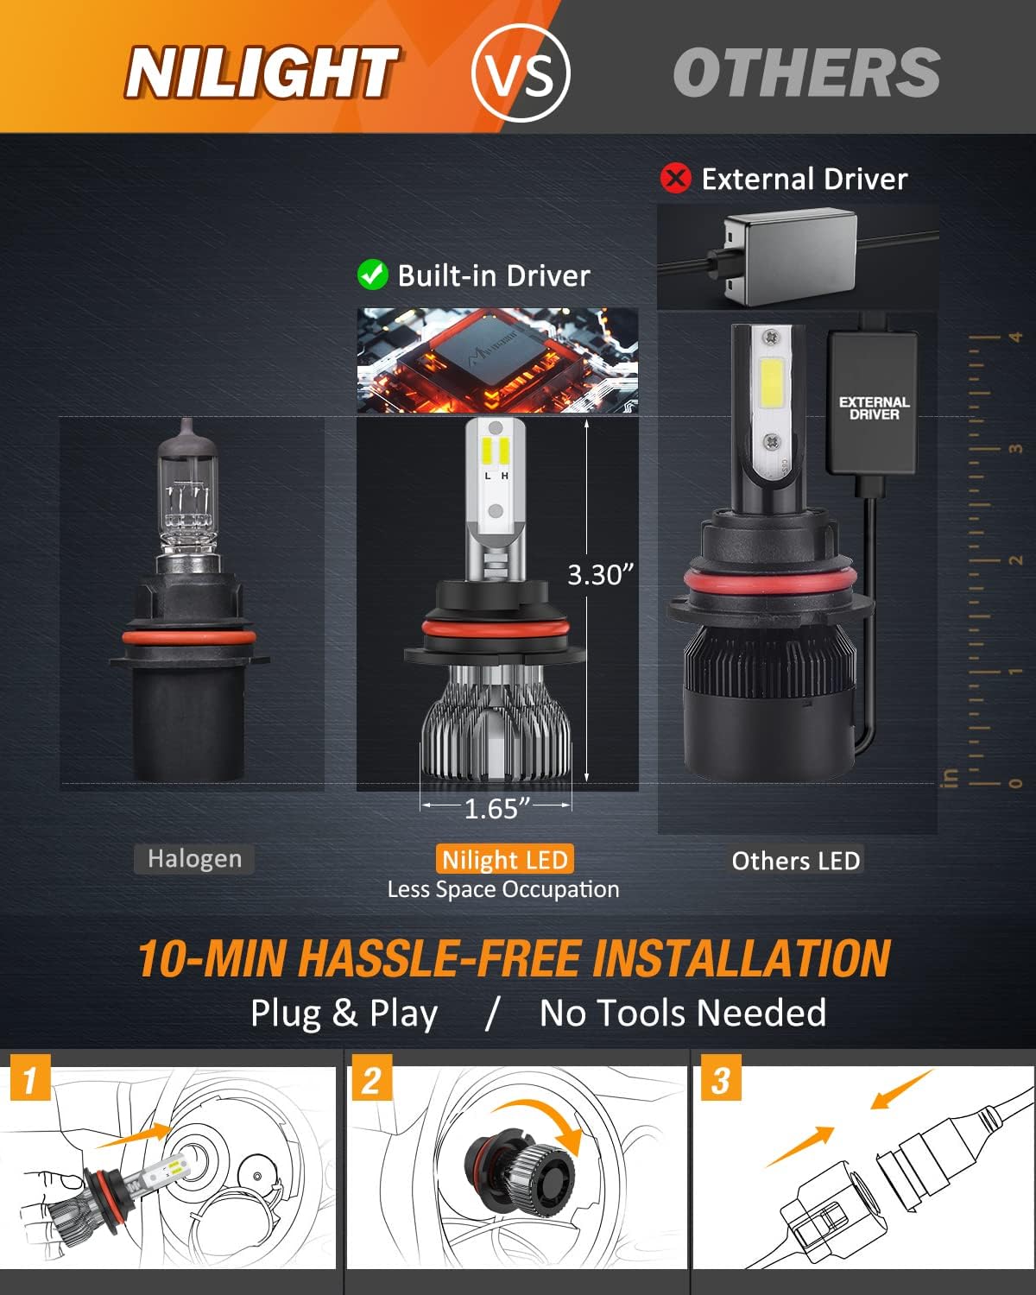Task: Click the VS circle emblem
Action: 520,73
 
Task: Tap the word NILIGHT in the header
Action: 262,73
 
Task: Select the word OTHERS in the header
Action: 806,73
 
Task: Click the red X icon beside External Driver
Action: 675,178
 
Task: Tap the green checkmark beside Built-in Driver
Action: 373,275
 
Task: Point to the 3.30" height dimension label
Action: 601,575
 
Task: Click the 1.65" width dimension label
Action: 497,809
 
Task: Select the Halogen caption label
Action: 194,859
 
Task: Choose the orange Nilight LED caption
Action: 504,859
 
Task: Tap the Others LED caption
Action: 796,861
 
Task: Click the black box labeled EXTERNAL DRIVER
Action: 873,402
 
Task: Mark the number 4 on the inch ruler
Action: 1015,337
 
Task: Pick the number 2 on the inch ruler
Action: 1015,560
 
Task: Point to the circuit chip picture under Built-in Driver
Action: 497,361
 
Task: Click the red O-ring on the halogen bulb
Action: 189,637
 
